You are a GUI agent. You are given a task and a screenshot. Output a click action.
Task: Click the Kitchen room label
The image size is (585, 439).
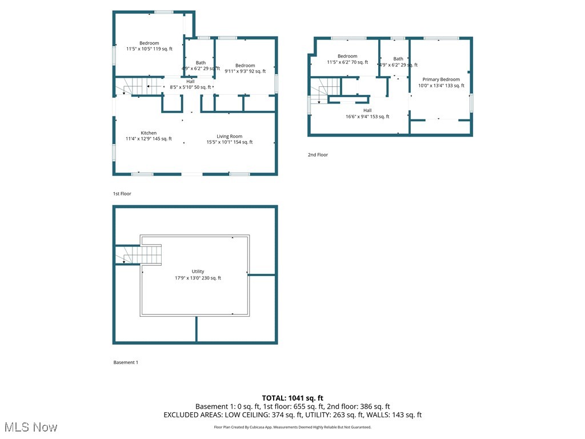[149, 135]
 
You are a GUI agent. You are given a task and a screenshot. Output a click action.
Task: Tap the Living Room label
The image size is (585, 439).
[229, 139]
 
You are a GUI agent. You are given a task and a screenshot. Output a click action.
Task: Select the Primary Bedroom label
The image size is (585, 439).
[441, 82]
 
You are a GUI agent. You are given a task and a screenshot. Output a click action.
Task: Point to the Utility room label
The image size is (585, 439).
[198, 275]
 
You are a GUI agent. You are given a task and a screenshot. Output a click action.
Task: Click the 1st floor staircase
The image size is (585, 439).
[137, 87]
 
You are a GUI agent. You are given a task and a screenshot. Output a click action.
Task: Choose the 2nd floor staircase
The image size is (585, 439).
[326, 89]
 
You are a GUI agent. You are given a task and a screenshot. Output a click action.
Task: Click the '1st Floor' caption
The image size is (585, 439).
[122, 194]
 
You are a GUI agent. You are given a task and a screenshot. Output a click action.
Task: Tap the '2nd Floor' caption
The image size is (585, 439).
[319, 155]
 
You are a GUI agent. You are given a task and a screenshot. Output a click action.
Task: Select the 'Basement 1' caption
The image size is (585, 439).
[126, 362]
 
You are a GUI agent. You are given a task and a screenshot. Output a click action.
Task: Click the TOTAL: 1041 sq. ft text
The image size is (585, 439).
[292, 398]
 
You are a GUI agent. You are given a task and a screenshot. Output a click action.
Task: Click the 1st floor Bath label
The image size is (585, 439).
[201, 66]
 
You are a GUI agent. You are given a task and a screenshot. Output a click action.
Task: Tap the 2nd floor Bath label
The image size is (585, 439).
[398, 62]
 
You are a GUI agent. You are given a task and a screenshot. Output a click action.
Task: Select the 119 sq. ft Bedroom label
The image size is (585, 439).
[149, 46]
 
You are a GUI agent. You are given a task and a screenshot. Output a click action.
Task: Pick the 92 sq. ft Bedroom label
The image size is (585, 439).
[245, 69]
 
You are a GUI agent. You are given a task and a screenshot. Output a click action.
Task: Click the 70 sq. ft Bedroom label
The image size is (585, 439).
[347, 59]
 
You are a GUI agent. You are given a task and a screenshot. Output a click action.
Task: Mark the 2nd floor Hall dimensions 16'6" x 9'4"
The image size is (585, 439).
[367, 117]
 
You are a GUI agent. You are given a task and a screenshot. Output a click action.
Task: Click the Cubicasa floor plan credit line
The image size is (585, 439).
[292, 427]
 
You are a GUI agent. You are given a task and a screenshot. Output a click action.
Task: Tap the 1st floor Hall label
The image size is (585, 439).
[190, 84]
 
